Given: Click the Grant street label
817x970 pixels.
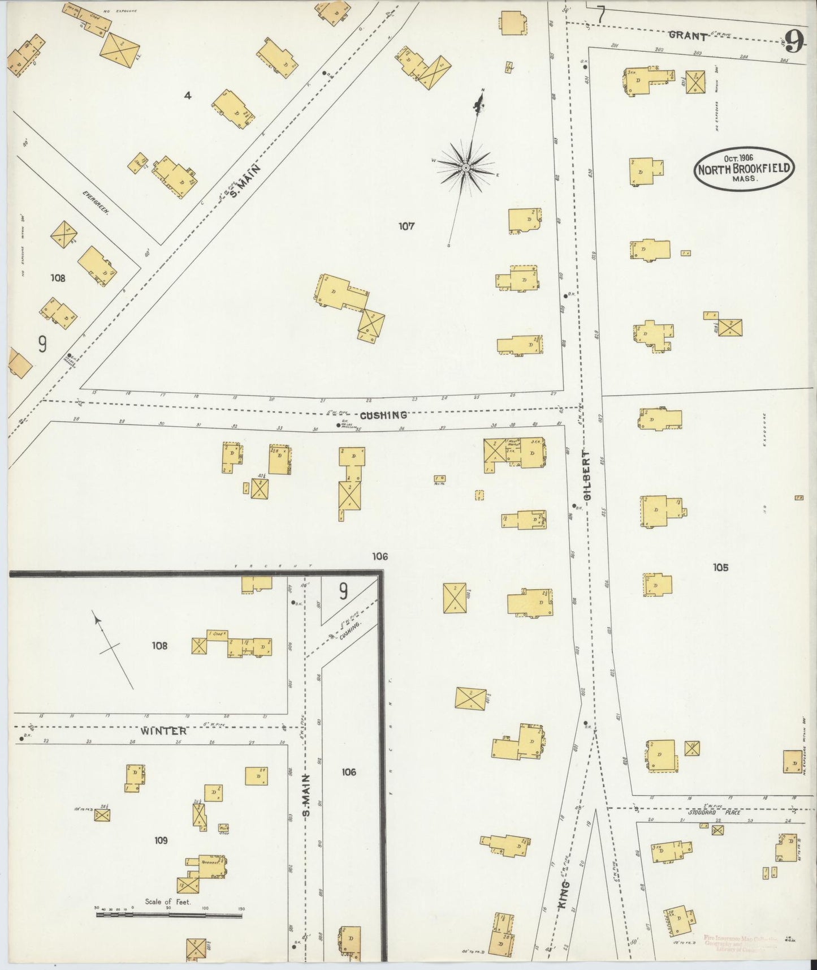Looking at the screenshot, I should (688, 36).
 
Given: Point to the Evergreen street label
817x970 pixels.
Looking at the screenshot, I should (94, 201).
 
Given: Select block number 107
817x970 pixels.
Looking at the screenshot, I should (406, 226).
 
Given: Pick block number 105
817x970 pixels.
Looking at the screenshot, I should (721, 567).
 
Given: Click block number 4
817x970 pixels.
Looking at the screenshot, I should (188, 96).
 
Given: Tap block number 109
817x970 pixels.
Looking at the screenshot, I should (161, 840).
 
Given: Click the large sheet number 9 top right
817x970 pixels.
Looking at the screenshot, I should (794, 41).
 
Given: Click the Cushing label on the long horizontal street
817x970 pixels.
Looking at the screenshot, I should (383, 415).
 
